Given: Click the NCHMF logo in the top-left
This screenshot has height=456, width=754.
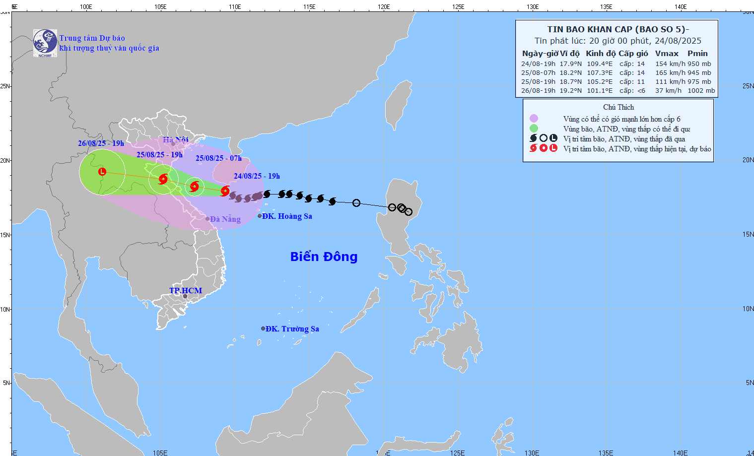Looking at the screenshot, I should tap(45, 43).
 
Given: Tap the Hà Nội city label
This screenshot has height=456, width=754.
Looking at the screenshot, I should tap(175, 140).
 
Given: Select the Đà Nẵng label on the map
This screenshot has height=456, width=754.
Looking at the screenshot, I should tap(225, 219).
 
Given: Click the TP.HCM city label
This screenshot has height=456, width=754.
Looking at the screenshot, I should tap(186, 291).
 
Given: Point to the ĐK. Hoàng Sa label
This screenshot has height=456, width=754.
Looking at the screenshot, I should tap(287, 216).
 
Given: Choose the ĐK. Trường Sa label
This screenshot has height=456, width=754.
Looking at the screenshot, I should tap(292, 329).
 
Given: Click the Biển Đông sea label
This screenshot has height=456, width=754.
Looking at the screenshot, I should tap(324, 257).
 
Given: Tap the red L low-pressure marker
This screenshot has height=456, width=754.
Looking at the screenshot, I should tap(102, 172).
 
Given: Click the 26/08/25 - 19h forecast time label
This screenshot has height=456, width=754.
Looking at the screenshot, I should tap(101, 143).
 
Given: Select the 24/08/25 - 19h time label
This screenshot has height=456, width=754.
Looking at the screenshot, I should tap(257, 176).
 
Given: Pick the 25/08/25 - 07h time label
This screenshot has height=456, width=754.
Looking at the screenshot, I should tap(218, 158).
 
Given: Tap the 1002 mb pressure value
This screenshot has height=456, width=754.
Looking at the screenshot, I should tap(701, 91).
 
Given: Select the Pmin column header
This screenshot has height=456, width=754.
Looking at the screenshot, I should tap(697, 54).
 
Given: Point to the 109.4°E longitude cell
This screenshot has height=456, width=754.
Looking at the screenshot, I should tap(600, 64).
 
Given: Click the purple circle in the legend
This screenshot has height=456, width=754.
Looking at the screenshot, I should tap(534, 119).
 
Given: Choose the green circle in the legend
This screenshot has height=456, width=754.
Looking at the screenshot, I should tap(534, 129).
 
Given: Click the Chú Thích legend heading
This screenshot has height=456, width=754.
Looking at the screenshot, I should tap(618, 107).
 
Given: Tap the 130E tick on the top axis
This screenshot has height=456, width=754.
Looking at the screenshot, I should tap(533, 7).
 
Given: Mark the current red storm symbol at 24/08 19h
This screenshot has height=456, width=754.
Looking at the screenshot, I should tap(225, 191).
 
